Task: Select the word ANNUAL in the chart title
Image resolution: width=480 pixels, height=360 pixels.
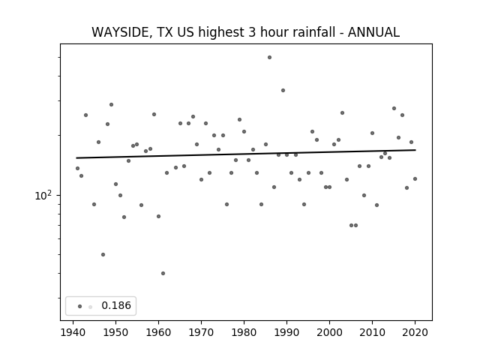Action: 373,32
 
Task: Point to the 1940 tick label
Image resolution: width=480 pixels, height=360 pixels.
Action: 73,332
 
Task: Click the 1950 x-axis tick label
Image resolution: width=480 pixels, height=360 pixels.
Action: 115,332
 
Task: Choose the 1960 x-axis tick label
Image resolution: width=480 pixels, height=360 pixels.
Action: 158,332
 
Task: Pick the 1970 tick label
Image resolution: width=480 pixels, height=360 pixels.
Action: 201,332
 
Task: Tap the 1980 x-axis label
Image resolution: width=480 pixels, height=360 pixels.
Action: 244,332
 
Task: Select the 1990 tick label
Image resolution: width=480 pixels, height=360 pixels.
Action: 286,332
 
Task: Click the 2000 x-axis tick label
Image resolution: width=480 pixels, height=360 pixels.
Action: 329,332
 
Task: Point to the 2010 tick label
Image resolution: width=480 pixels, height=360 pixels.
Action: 372,332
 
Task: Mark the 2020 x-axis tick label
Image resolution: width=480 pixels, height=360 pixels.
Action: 415,332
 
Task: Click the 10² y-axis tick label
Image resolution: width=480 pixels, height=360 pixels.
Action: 43,195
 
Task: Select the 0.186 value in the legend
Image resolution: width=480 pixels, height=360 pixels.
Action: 116,305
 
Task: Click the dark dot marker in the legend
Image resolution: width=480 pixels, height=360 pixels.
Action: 80,306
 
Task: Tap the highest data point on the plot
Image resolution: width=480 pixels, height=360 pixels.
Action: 269,57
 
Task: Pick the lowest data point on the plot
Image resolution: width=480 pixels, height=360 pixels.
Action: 163,273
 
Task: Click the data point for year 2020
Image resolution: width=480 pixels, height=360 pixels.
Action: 415,178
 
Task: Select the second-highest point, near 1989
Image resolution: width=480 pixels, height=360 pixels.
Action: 283,90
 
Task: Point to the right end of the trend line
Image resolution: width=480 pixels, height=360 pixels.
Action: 415,150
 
